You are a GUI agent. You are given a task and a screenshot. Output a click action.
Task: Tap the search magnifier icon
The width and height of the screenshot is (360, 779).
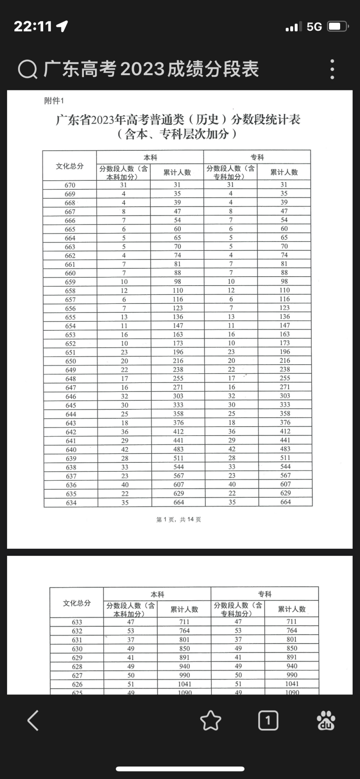click(28, 70)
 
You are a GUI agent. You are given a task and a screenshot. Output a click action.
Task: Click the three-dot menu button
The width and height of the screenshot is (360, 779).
click(332, 69)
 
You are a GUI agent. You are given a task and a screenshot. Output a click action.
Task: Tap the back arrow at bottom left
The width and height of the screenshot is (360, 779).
click(34, 720)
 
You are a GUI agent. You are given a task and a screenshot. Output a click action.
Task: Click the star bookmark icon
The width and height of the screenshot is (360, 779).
click(210, 720)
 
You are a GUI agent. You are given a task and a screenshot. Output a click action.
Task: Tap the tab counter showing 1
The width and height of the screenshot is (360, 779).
click(268, 720)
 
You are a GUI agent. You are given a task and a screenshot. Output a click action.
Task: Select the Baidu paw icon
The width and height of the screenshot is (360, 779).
click(326, 720)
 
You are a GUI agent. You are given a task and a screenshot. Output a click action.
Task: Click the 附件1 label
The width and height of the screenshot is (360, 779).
click(54, 101)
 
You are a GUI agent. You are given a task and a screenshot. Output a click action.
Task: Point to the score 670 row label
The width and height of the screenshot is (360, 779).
click(70, 185)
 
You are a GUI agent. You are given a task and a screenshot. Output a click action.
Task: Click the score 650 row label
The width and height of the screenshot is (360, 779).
click(71, 361)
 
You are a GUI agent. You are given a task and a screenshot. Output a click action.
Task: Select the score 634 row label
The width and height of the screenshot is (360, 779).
click(71, 503)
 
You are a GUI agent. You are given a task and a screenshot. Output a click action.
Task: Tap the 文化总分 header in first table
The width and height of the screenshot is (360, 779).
click(70, 166)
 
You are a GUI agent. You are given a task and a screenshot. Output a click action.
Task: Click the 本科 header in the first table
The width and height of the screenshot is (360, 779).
click(150, 157)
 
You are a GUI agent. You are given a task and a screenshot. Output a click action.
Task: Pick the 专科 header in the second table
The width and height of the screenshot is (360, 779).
click(265, 594)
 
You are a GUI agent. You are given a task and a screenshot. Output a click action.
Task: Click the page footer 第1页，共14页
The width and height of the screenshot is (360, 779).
click(178, 519)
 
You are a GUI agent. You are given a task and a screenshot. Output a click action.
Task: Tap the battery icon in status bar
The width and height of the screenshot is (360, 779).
click(337, 26)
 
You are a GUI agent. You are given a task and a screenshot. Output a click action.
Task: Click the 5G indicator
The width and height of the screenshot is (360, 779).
click(314, 26)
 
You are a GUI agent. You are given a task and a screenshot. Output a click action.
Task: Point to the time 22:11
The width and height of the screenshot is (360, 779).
click(33, 26)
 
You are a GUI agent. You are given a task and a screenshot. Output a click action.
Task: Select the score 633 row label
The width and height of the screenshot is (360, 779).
click(77, 622)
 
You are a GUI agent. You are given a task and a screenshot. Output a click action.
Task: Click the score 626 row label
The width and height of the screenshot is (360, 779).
click(77, 684)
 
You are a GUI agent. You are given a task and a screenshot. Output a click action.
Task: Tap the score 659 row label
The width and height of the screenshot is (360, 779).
click(70, 282)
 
